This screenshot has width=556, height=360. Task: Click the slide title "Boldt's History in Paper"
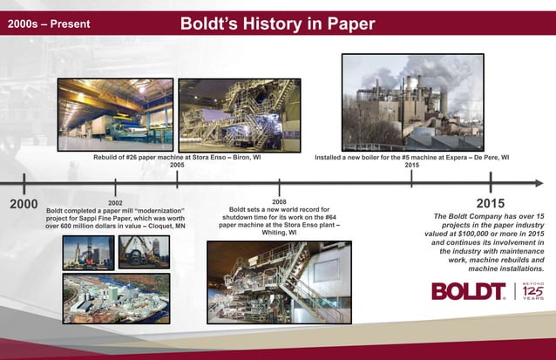[277, 21]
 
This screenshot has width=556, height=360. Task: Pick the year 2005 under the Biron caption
[177, 164]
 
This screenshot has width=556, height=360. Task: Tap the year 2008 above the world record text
[279, 201]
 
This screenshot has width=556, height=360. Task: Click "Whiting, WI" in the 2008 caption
[279, 233]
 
